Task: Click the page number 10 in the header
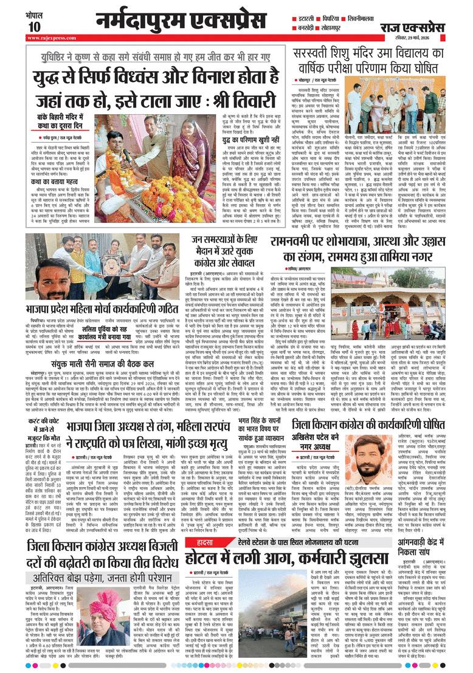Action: [33, 26]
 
